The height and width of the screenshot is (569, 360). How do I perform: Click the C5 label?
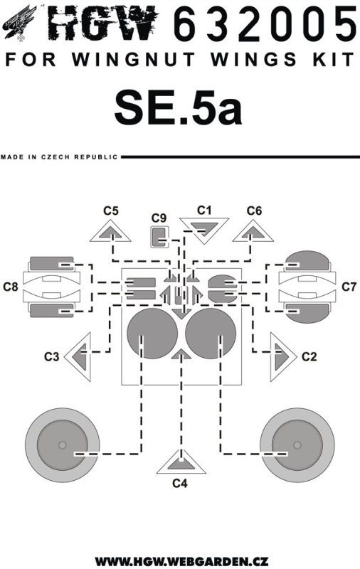click(x=111, y=211)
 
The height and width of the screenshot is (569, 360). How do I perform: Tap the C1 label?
click(x=204, y=210)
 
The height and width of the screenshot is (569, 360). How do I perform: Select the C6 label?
click(x=254, y=211)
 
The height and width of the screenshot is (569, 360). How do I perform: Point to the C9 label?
click(x=159, y=218)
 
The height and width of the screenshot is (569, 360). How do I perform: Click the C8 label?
click(x=11, y=287)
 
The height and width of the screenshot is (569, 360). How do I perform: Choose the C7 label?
click(x=349, y=287)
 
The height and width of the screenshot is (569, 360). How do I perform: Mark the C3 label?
click(x=51, y=357)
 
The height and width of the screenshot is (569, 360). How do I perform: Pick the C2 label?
click(x=309, y=357)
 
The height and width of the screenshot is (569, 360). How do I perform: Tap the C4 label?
click(x=180, y=484)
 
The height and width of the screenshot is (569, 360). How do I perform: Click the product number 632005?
click(x=265, y=24)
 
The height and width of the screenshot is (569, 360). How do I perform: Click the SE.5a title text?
click(x=178, y=108)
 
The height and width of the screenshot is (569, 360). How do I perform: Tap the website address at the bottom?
click(x=181, y=560)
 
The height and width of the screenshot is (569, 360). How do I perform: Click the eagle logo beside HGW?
click(x=20, y=23)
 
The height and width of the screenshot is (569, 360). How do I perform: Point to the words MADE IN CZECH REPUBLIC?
click(x=59, y=157)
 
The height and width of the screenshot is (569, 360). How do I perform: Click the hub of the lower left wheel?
click(x=63, y=445)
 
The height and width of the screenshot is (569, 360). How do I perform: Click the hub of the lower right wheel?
click(x=297, y=445)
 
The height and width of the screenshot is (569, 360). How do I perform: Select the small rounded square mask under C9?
click(x=160, y=237)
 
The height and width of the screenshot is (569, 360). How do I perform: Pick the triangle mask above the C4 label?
click(x=181, y=464)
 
